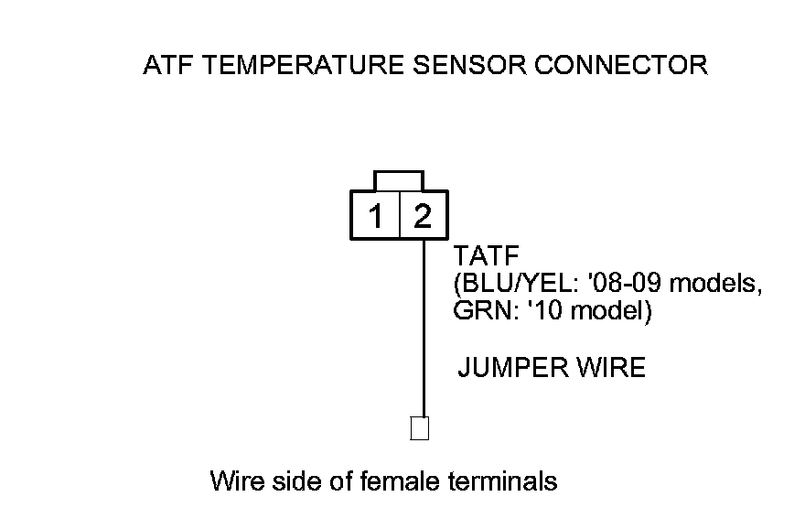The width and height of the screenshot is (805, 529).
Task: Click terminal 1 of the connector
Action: click(x=375, y=217)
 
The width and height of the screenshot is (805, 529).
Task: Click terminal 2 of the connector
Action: click(x=423, y=217)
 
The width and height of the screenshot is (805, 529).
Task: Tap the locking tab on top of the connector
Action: click(x=399, y=179)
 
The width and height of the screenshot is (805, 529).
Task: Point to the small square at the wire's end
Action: click(x=420, y=428)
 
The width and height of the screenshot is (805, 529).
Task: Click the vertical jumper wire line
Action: click(x=424, y=329)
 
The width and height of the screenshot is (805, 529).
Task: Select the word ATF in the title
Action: click(x=167, y=66)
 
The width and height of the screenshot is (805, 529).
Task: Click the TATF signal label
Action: click(x=480, y=259)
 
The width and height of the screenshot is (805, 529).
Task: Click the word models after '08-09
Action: click(x=720, y=285)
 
